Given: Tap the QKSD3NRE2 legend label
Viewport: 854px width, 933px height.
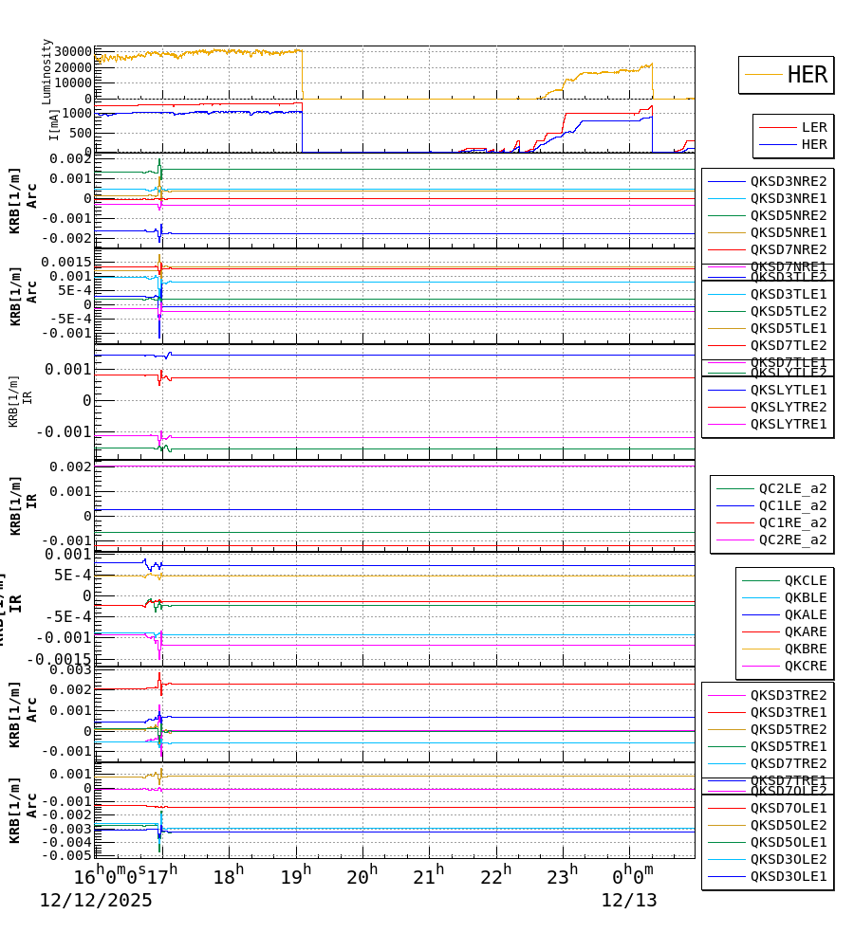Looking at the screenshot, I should coord(788,181).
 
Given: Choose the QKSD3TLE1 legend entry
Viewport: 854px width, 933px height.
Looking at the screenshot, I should coord(788,294).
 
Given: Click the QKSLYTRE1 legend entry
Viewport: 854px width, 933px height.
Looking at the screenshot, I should coord(788,424).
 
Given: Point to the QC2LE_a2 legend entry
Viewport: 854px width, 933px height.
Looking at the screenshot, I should coord(792,488).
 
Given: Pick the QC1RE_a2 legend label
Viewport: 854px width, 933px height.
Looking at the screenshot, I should coord(792,522).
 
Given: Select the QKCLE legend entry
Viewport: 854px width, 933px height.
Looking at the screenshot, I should coord(805,580).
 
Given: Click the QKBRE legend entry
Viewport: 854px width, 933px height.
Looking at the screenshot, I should coord(805,649).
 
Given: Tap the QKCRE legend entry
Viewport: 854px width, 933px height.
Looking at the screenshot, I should coord(805,666).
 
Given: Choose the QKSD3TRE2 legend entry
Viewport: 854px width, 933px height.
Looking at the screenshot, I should coord(788,695).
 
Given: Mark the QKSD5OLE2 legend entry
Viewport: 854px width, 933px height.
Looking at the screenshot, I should coord(788,825).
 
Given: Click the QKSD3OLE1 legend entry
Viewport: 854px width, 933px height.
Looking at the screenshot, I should coord(788,877).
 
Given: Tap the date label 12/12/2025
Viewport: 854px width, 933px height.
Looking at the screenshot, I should coord(96,901).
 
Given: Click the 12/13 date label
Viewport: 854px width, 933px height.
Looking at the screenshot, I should coord(628,901).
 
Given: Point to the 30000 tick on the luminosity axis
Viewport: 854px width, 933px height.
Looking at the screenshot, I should coord(73,51).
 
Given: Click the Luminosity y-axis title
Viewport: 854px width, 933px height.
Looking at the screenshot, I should coord(46,71).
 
